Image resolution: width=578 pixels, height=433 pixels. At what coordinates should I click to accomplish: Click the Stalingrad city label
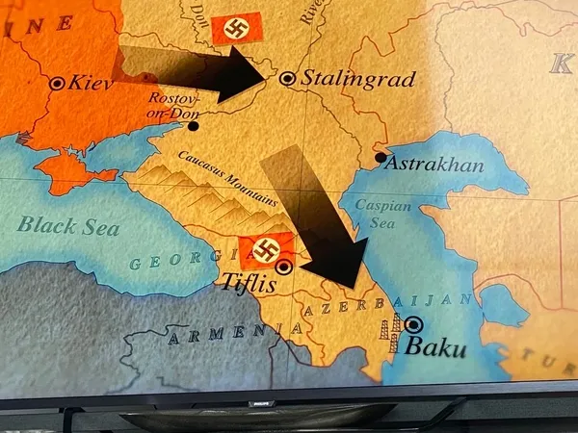(358, 78)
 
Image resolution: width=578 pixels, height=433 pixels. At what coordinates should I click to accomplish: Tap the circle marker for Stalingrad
(287, 78)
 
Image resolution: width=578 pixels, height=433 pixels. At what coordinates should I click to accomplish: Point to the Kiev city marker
(58, 84)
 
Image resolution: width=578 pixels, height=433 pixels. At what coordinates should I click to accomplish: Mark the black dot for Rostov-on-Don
(195, 125)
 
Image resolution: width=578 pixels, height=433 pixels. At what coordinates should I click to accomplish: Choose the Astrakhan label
(433, 166)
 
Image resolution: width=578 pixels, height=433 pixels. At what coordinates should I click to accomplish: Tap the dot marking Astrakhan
(381, 157)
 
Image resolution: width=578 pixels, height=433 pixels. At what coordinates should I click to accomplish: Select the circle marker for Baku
(413, 325)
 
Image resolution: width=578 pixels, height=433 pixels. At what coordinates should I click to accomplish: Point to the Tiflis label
(249, 286)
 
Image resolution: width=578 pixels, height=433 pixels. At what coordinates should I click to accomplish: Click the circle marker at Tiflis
(284, 267)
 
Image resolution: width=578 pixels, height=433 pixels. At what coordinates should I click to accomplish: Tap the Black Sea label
(69, 227)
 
